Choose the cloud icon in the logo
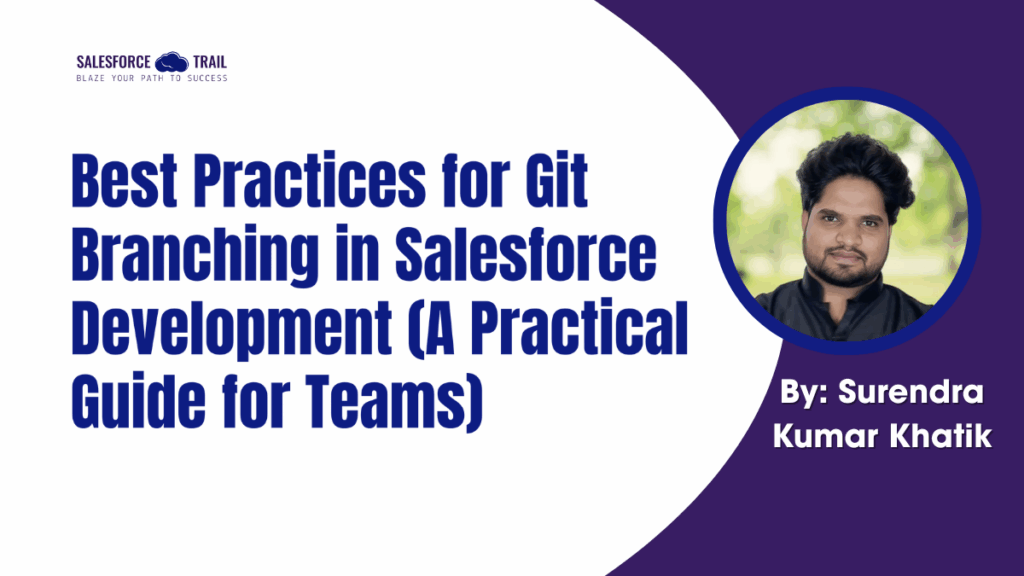click(x=171, y=62)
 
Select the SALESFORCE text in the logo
click(x=115, y=62)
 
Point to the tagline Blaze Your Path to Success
click(x=151, y=78)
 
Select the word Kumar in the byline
click(x=846, y=436)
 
